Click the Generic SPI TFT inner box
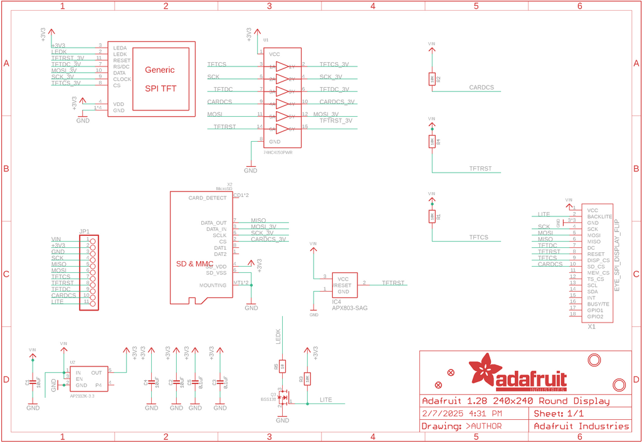point(160,78)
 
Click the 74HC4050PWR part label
point(278,152)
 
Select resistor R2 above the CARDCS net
point(431,78)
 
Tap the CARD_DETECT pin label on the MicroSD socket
point(208,198)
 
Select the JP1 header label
point(85,231)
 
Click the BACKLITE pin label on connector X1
point(599,216)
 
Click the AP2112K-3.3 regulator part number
point(83,397)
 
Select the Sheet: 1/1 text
point(559,414)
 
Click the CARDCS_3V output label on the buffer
point(337,102)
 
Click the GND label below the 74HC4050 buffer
point(250,170)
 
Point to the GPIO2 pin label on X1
point(595,316)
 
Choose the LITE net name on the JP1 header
point(57,302)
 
